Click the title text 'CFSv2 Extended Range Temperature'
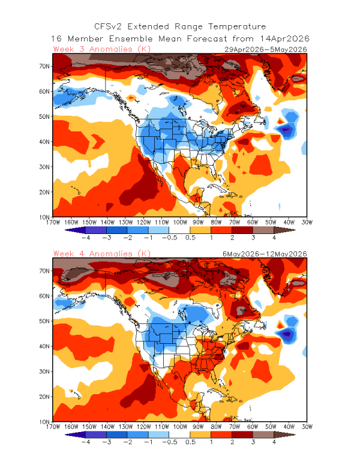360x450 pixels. coord(180,26)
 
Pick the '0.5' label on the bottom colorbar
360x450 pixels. coord(191,443)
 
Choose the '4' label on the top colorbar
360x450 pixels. coord(274,238)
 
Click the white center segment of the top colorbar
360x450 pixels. coord(180,229)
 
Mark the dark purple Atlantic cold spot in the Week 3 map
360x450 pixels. coord(285,129)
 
